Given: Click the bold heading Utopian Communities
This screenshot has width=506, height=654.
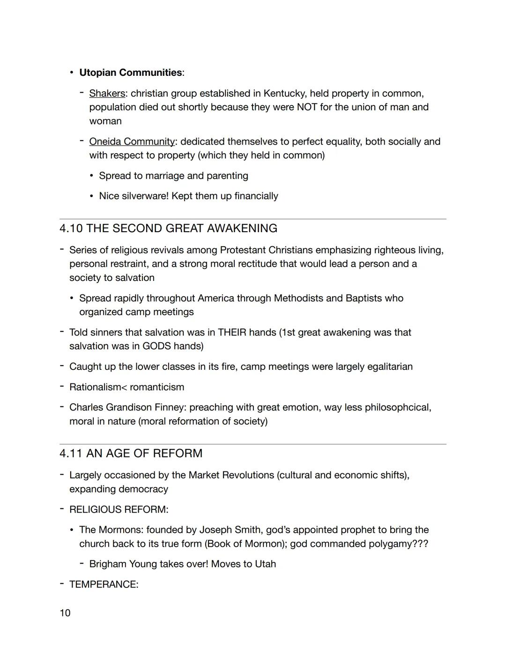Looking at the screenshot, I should click(131, 73).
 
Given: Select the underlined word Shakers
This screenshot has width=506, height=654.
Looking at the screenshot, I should click(107, 94).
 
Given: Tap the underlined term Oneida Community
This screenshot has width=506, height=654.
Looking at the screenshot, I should click(132, 141).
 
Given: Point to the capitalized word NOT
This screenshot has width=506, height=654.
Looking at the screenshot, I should click(308, 107).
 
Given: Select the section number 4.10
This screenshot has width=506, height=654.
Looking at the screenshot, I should click(71, 228).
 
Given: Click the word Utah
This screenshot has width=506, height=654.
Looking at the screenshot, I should click(265, 564).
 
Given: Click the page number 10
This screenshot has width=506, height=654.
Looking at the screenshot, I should click(65, 613).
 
